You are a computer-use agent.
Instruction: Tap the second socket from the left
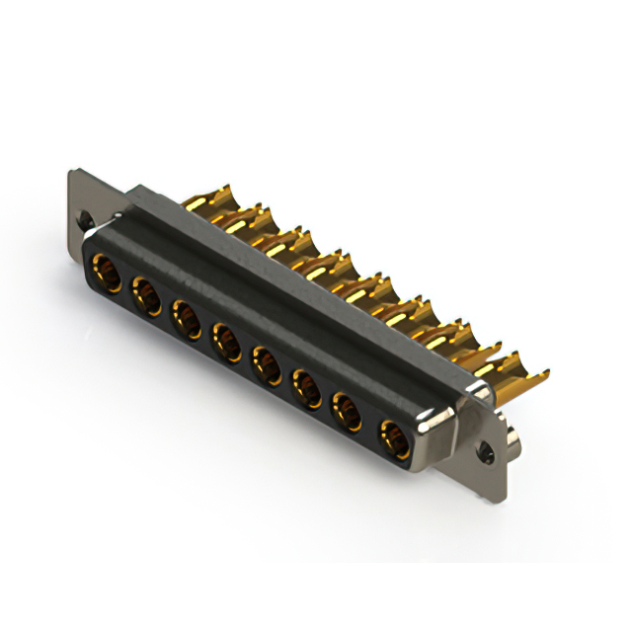pyautogui.click(x=145, y=294)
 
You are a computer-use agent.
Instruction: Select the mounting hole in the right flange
pyautogui.click(x=486, y=455)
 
